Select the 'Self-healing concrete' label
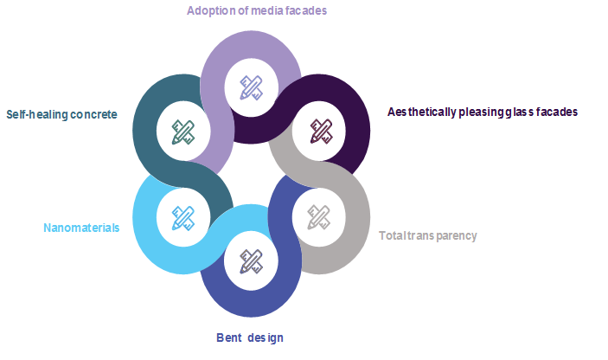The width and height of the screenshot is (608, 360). [61, 114]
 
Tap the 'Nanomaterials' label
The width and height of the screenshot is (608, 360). [81, 228]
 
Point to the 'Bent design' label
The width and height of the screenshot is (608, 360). [249, 337]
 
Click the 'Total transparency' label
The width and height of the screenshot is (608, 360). [427, 235]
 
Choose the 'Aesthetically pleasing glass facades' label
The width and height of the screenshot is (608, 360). [483, 112]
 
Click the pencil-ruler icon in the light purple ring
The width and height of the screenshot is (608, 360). [252, 87]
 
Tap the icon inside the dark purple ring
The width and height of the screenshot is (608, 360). [321, 131]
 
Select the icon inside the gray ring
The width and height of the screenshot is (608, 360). [318, 215]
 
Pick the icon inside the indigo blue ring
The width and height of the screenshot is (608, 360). [251, 260]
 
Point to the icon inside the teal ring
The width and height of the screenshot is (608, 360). [182, 131]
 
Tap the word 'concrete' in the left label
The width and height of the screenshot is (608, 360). [94, 114]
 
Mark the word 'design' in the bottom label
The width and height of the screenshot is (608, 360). [265, 337]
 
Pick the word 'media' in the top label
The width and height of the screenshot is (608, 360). [263, 11]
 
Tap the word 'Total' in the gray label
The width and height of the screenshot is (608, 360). [394, 235]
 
